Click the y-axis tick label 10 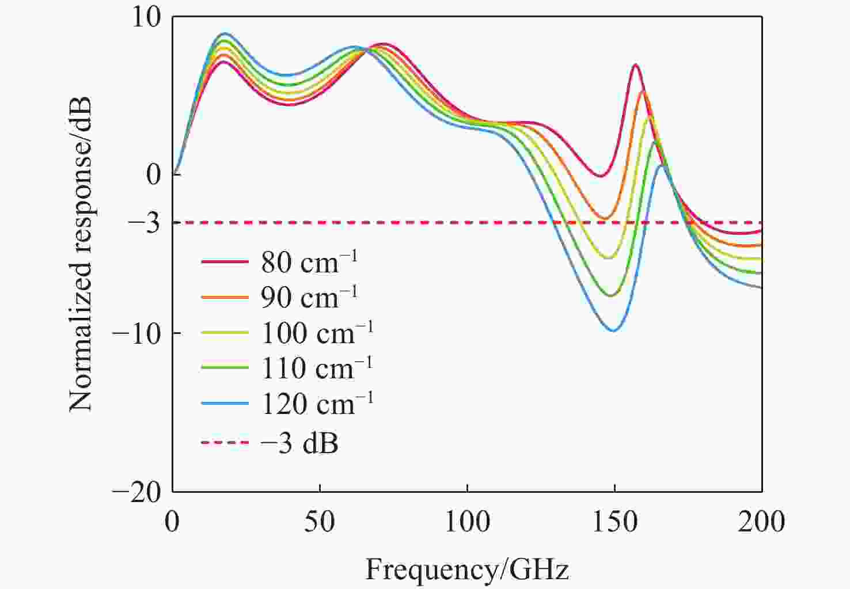146,18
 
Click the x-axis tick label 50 320,522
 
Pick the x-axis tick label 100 467,522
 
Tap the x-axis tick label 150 614,522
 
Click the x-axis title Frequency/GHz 467,569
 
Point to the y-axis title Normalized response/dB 80,254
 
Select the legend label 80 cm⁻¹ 309,262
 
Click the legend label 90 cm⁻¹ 309,297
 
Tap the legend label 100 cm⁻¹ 317,332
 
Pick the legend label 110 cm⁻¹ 317,367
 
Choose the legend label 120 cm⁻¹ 317,403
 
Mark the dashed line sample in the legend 225,443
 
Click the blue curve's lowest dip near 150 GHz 613,330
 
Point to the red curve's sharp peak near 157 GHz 635,65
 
